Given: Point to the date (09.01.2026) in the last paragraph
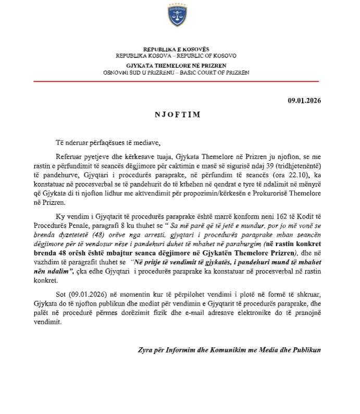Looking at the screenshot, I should coord(83,298).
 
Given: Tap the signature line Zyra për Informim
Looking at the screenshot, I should coord(162,349).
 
